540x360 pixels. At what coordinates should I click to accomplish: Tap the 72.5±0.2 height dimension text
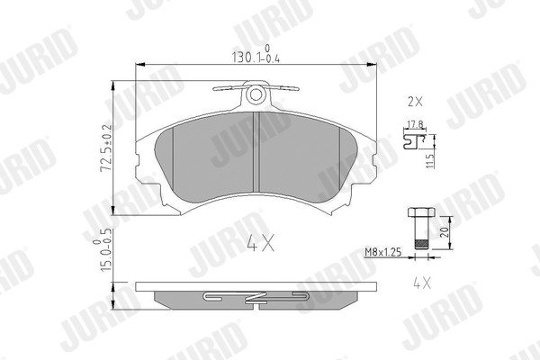(x=106, y=148)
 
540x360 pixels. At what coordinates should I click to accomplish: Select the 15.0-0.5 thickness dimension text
(x=103, y=249)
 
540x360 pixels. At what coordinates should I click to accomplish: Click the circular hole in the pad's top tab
(x=256, y=94)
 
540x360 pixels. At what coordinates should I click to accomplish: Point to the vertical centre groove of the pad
(x=256, y=152)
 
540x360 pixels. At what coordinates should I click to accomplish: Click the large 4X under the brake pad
(x=261, y=242)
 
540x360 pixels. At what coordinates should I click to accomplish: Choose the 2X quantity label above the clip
(x=415, y=102)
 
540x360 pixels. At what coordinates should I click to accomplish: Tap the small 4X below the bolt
(x=421, y=283)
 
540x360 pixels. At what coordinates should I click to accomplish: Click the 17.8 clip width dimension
(x=415, y=124)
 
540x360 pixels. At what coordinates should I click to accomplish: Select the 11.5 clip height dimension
(x=430, y=160)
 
